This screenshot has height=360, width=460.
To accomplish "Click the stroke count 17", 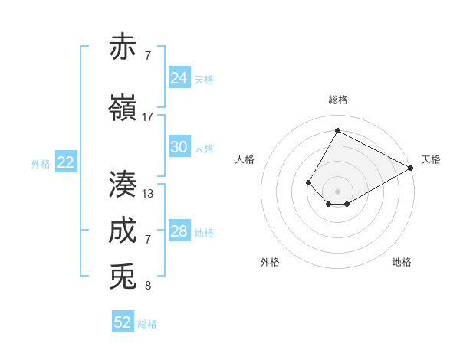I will tap(148, 117).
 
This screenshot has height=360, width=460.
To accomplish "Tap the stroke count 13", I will tap(148, 194).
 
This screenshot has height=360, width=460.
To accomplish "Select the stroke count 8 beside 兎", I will tap(148, 286).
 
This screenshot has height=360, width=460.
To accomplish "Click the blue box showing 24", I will tap(179, 78).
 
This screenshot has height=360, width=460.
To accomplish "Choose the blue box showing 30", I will tap(179, 147).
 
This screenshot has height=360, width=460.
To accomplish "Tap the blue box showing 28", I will tap(179, 231).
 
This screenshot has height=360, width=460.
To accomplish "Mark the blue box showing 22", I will tap(66, 162).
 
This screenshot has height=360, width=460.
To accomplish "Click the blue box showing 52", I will tap(123, 322).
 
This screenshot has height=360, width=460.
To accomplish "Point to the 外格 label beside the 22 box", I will tap(41, 163).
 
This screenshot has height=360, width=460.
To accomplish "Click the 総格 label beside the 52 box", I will tap(147, 324).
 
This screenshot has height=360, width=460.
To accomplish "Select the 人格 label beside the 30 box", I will tap(204, 148).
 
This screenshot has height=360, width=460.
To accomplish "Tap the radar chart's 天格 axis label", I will tap(431, 159).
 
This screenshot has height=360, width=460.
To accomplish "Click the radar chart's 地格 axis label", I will tap(402, 262).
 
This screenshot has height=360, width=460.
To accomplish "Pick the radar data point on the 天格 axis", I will tap(411, 168).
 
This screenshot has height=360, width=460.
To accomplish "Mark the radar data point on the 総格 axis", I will tap(337, 130).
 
